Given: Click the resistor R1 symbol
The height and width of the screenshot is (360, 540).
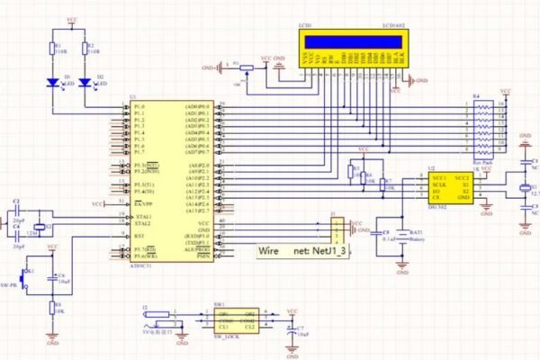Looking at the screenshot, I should [x=54, y=49].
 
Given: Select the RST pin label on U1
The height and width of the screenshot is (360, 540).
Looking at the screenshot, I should [x=140, y=236].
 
